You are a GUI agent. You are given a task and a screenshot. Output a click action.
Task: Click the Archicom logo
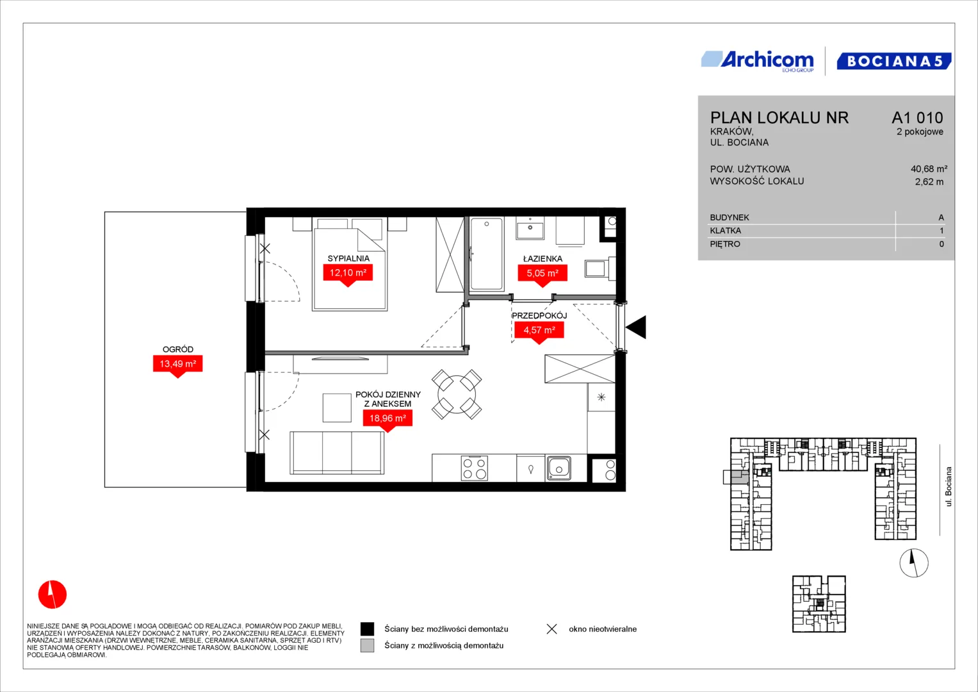click(758, 61)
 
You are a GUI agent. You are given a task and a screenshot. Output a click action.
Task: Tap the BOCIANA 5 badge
click(894, 61)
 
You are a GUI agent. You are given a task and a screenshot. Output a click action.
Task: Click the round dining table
click(457, 395)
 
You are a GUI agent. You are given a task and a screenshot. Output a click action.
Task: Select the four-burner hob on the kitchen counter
click(475, 468)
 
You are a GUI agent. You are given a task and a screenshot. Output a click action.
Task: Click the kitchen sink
click(558, 468)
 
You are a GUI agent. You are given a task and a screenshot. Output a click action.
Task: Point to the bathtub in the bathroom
click(487, 254)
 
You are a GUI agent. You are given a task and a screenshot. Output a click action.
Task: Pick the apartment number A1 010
click(917, 117)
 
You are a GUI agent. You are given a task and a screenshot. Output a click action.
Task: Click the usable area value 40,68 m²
click(929, 169)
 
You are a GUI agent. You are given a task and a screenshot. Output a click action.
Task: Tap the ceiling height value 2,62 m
click(929, 182)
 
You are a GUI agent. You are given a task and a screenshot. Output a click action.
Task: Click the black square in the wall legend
click(367, 629)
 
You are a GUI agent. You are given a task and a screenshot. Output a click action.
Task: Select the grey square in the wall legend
click(367, 646)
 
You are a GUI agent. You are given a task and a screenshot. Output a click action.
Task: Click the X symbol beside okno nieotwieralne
click(552, 629)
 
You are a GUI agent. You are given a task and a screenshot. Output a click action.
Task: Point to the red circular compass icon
click(53, 594)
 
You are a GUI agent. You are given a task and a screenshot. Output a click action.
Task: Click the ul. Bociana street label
click(948, 487)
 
